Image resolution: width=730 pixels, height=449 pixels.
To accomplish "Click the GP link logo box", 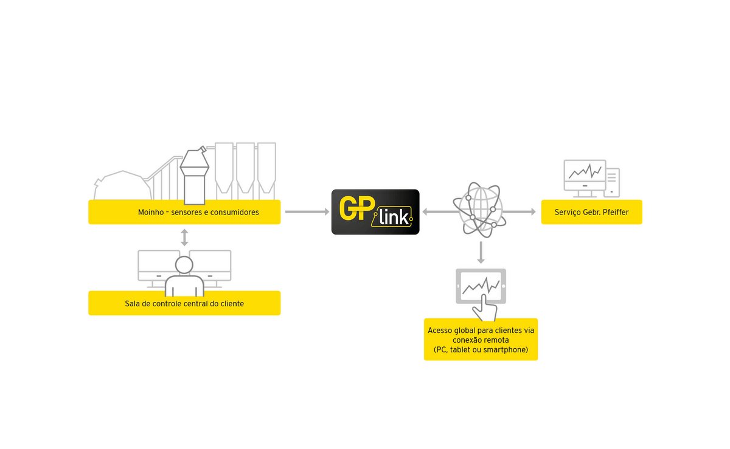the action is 375,212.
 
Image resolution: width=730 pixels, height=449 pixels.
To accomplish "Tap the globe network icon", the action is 479,210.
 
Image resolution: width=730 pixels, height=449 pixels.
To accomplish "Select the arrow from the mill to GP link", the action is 307,211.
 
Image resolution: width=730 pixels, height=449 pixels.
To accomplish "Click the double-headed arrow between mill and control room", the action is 184,238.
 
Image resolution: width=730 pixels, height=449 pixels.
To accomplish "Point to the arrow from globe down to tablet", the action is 481,252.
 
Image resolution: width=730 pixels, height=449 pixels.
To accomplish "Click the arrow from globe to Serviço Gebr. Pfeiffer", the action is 520,211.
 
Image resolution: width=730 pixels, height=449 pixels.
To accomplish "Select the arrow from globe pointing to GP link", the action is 440,211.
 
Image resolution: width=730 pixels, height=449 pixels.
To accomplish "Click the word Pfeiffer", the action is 616,212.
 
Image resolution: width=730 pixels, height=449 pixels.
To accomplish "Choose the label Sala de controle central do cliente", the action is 184,303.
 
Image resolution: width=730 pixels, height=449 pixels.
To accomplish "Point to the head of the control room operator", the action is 184,265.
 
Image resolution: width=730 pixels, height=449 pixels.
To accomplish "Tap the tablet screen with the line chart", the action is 481,286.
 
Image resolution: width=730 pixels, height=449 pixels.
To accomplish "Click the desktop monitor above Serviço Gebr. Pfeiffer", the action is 585,179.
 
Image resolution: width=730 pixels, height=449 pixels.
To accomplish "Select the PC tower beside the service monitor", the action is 612,182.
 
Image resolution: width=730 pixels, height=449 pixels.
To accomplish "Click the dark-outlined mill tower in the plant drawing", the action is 195,176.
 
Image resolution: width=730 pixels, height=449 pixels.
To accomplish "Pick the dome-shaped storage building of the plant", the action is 123,185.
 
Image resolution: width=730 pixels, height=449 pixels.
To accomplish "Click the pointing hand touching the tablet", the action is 485,308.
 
